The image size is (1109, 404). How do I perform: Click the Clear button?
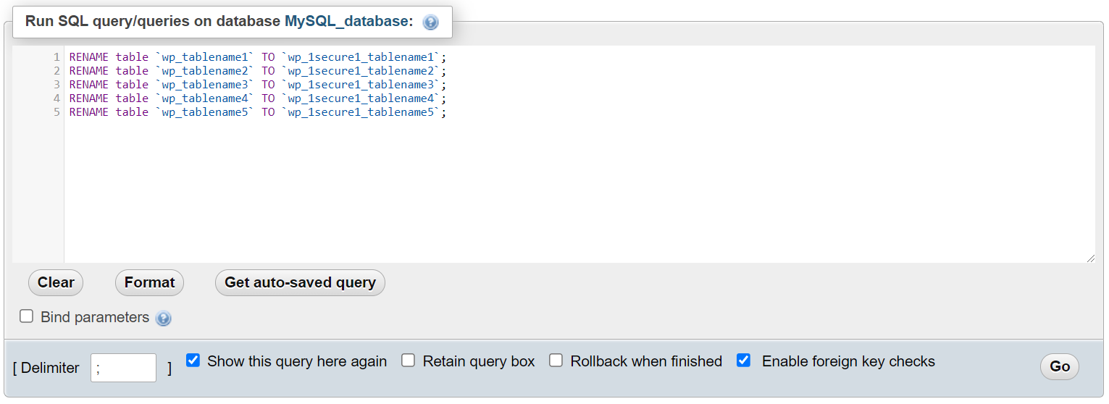[56, 282]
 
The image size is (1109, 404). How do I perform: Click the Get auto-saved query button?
[300, 282]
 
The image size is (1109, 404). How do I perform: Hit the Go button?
[1059, 366]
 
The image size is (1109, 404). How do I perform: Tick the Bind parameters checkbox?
[27, 316]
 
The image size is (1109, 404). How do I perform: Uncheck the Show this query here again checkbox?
[193, 361]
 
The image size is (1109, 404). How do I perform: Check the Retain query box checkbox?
[409, 361]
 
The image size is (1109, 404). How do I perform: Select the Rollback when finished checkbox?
[556, 361]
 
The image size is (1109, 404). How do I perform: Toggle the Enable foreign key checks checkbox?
[743, 361]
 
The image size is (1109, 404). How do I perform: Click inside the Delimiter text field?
[123, 368]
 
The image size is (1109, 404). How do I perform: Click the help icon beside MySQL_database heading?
[430, 22]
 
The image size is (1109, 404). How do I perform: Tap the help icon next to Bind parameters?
[164, 318]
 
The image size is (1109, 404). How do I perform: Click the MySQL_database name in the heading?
[346, 22]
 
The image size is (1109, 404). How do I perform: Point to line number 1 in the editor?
[57, 56]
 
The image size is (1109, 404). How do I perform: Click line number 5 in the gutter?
[57, 112]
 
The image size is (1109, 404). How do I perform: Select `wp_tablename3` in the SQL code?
[205, 85]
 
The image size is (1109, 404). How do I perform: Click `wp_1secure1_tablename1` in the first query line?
[362, 57]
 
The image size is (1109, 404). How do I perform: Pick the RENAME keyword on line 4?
[89, 98]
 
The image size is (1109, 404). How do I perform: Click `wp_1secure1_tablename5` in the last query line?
[362, 112]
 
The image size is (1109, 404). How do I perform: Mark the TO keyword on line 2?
[268, 71]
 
